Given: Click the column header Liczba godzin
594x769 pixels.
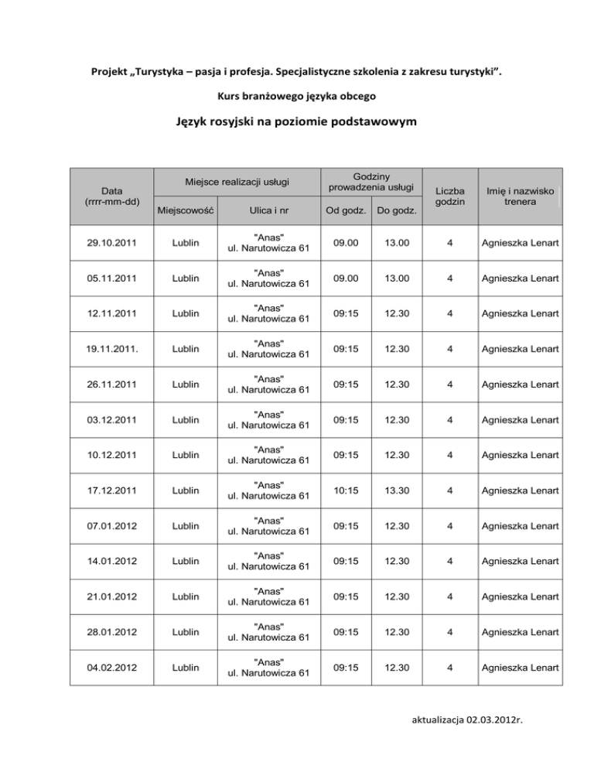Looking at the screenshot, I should pos(449,194).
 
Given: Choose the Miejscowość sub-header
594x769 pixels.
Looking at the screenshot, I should pos(186,209).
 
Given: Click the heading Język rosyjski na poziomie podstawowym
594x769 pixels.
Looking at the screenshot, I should pos(297,122).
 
